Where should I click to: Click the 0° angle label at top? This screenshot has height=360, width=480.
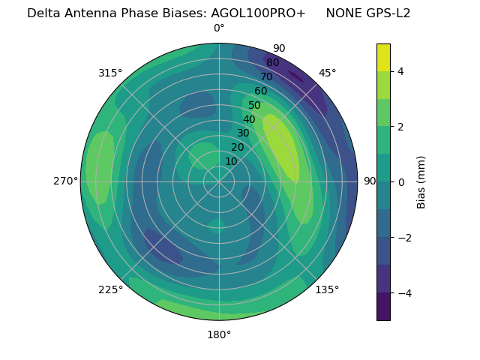click(x=219, y=28)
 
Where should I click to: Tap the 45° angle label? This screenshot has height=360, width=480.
click(x=327, y=73)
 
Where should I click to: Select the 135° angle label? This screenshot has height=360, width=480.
click(x=327, y=289)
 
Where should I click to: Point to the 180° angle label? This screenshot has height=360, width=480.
click(x=219, y=334)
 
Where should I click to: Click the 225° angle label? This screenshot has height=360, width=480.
click(x=110, y=289)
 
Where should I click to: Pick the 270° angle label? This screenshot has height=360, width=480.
click(x=65, y=181)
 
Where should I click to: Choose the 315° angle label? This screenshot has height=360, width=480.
click(x=110, y=73)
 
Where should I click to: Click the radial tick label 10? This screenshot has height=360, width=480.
click(x=232, y=162)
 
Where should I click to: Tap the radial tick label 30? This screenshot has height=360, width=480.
click(x=244, y=133)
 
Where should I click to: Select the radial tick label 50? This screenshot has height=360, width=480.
click(x=255, y=105)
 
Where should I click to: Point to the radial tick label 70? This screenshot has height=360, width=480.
click(x=267, y=76)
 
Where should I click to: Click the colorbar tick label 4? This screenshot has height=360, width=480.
click(x=400, y=71)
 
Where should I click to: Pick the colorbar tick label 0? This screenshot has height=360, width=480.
click(x=400, y=182)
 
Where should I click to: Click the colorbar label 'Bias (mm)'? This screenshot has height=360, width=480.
click(x=421, y=181)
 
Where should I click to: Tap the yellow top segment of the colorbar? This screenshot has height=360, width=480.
click(x=383, y=57)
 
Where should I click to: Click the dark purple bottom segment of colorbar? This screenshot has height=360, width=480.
click(x=383, y=306)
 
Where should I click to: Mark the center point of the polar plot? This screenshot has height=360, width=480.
click(x=219, y=181)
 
